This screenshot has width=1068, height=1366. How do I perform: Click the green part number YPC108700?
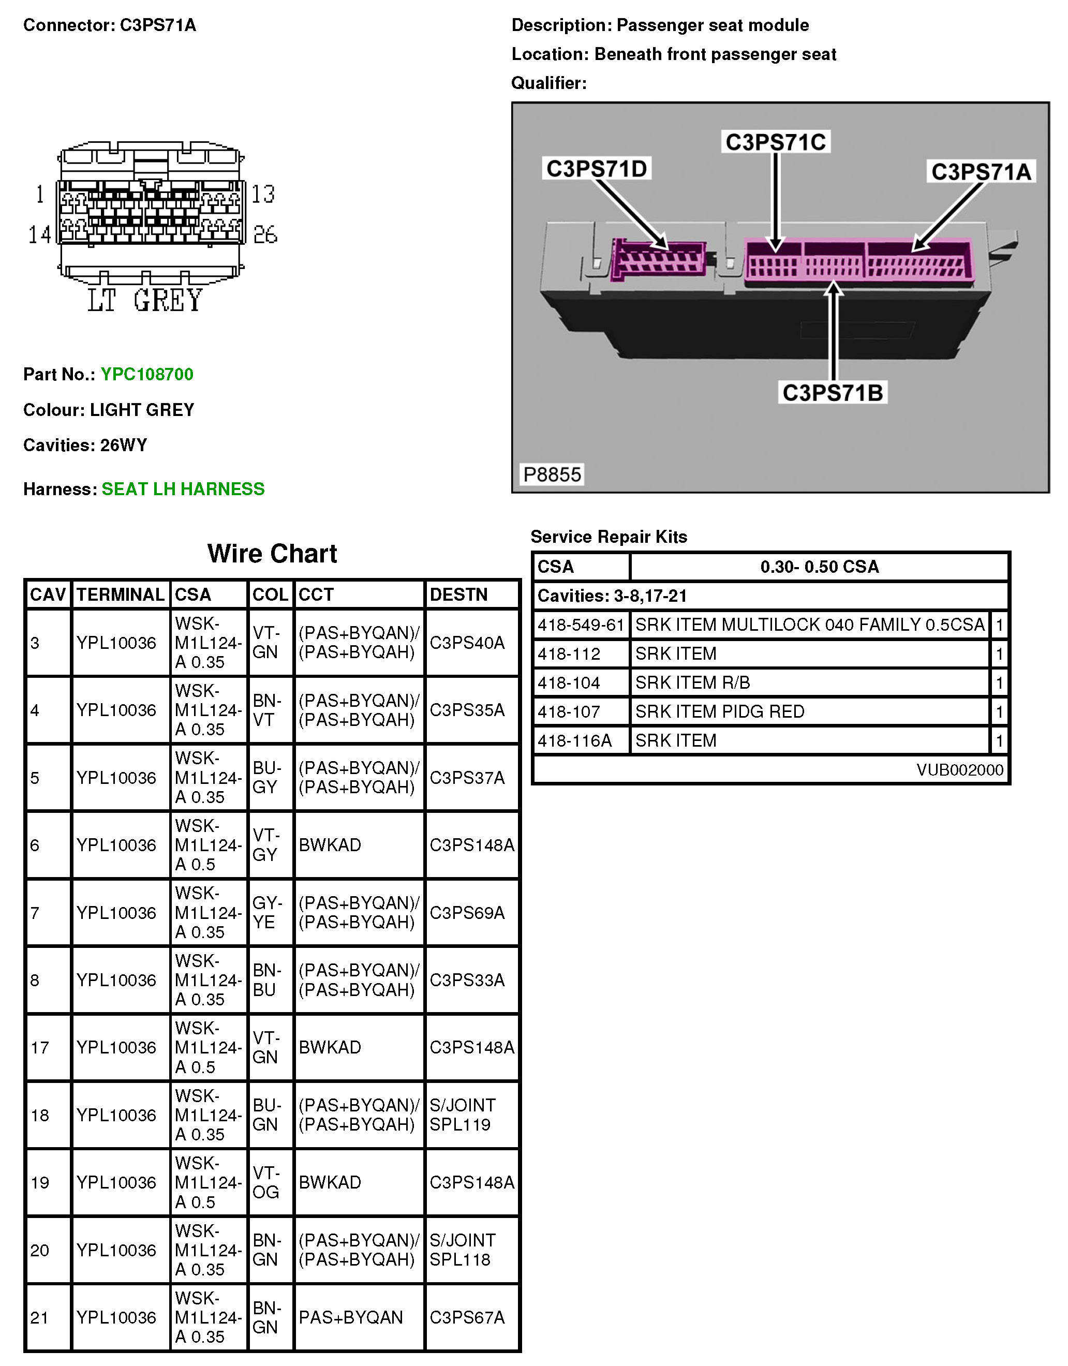pyautogui.click(x=147, y=374)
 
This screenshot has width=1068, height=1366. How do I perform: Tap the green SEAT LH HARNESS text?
pyautogui.click(x=183, y=488)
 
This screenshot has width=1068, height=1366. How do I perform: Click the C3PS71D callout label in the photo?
pyautogui.click(x=596, y=168)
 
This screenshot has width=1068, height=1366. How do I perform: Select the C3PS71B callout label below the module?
pyautogui.click(x=832, y=393)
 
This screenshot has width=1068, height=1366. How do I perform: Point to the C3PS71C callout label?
pyautogui.click(x=776, y=142)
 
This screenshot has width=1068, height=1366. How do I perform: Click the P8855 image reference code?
pyautogui.click(x=552, y=474)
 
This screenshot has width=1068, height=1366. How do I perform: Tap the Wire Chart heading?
pyautogui.click(x=272, y=554)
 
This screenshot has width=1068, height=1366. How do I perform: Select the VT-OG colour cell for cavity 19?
pyautogui.click(x=266, y=1182)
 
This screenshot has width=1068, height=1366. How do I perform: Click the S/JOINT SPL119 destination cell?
pyautogui.click(x=463, y=1115)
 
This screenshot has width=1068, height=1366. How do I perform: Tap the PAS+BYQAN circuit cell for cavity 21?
pyautogui.click(x=351, y=1317)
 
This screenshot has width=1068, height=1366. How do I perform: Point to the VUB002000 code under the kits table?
pyautogui.click(x=960, y=769)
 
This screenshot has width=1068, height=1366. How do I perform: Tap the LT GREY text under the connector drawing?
pyautogui.click(x=145, y=300)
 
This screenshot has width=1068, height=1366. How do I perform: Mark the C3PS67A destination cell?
pyautogui.click(x=467, y=1317)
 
